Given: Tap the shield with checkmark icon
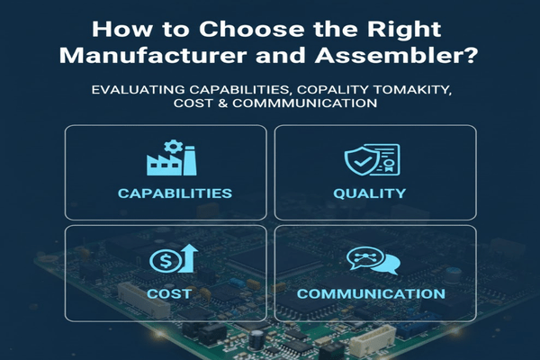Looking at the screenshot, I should pyautogui.click(x=360, y=160).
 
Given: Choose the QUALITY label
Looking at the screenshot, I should pyautogui.click(x=370, y=193).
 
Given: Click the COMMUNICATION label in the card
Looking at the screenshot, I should pyautogui.click(x=370, y=293).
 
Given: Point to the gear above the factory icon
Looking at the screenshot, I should pyautogui.click(x=175, y=147).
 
